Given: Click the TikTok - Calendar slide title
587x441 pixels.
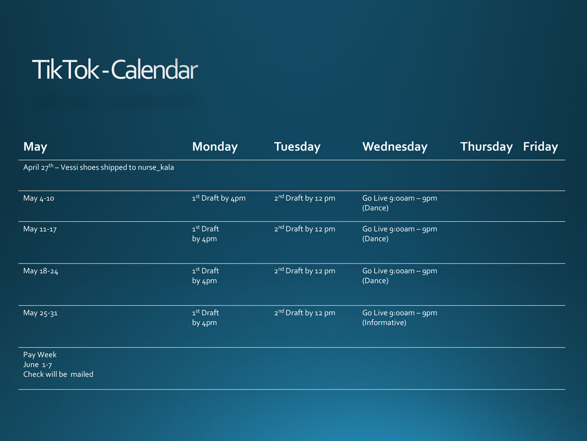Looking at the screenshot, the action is click(x=115, y=69).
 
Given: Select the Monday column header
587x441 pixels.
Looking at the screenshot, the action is click(x=215, y=147).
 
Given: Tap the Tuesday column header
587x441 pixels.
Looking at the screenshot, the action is click(x=297, y=147).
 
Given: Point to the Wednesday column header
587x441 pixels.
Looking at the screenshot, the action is click(x=395, y=147).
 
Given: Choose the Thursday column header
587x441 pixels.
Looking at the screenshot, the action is click(x=486, y=147).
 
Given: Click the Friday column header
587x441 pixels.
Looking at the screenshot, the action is click(x=540, y=147).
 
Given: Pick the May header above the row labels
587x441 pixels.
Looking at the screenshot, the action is click(x=35, y=147).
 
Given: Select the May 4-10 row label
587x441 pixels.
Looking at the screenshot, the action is click(x=38, y=198).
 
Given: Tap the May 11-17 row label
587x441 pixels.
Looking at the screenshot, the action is click(x=40, y=229).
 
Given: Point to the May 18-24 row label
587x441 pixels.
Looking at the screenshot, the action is click(x=41, y=271).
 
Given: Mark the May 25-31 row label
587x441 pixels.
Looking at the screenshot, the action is click(x=40, y=313).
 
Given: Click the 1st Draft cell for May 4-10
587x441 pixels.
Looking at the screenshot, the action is click(x=219, y=198).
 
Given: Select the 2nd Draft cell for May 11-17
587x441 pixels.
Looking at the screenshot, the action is click(x=305, y=229).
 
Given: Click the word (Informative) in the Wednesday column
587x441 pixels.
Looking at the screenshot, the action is click(x=384, y=322).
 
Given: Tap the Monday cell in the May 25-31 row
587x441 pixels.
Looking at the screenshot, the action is click(x=205, y=318).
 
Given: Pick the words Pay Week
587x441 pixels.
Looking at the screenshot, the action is click(x=40, y=355).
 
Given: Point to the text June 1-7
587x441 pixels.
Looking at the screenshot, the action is click(x=37, y=365).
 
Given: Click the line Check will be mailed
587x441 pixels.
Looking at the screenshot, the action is click(x=58, y=375).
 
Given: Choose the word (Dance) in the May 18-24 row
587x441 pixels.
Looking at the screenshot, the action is click(x=376, y=280).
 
